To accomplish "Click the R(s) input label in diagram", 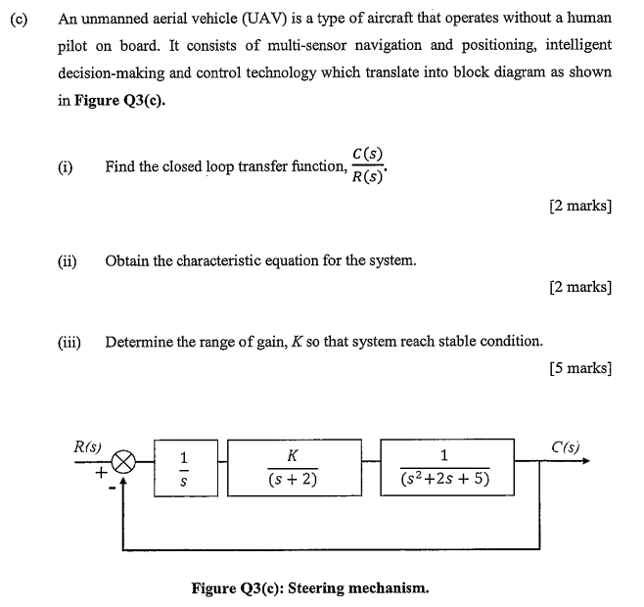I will click(89, 446).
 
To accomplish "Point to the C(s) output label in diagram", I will click(565, 446).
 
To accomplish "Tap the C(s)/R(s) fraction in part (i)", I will click(370, 166).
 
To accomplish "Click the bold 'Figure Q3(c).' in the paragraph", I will click(118, 100).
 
